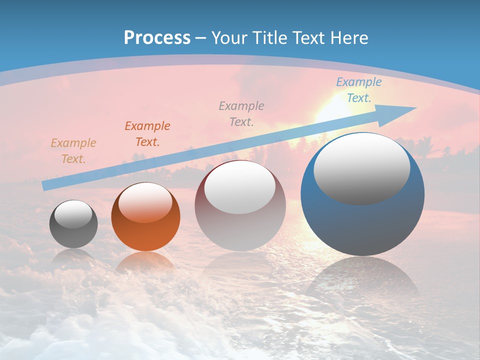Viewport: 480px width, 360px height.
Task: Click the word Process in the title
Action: (157, 38)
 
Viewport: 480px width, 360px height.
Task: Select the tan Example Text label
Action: (73, 151)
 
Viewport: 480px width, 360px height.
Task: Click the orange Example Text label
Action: (147, 134)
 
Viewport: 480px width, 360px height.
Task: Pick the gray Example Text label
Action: (241, 113)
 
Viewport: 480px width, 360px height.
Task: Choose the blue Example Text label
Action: (359, 90)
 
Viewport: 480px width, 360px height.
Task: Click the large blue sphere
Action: (362, 225)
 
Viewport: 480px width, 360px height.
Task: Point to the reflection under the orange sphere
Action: (145, 262)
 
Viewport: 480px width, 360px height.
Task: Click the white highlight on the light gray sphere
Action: (240, 187)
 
